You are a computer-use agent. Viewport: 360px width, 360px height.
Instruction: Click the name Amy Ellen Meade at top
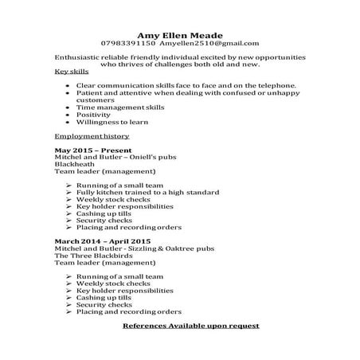click(x=179, y=34)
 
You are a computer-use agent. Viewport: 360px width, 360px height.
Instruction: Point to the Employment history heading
click(x=91, y=136)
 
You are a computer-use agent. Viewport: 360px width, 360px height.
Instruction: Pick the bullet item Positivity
click(x=93, y=114)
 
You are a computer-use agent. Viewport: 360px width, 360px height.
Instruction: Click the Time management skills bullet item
click(x=119, y=107)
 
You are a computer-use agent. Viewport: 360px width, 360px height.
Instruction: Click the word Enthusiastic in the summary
click(x=80, y=58)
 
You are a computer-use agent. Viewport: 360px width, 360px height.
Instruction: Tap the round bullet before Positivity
click(x=68, y=115)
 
